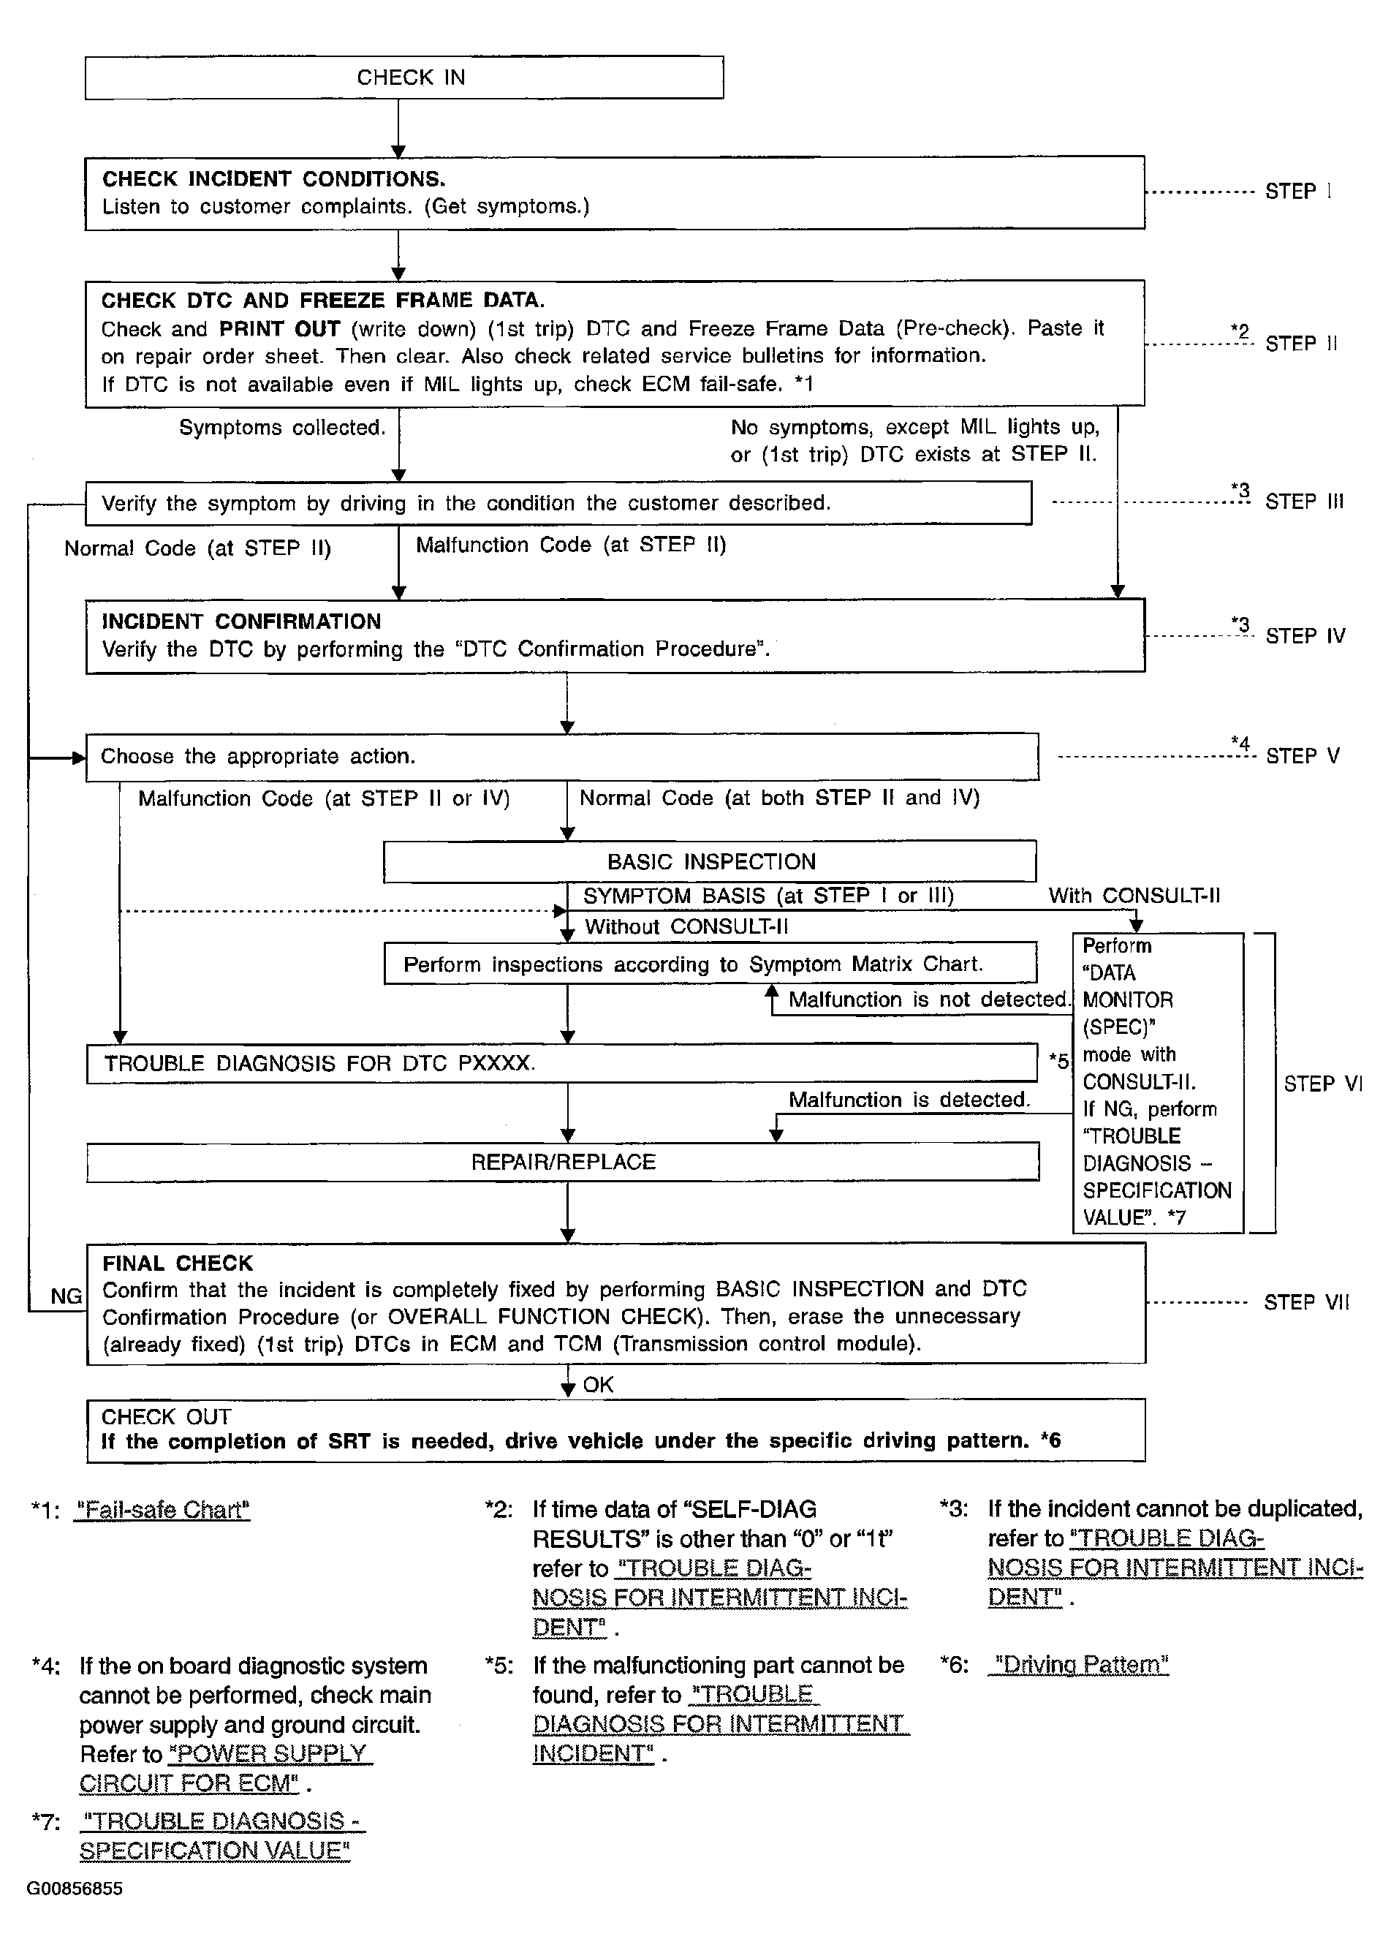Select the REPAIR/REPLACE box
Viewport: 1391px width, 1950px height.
563,1162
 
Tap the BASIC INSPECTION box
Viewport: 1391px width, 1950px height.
710,862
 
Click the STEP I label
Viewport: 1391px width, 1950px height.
1297,192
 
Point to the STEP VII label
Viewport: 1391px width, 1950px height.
1306,1303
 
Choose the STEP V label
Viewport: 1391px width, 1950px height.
1302,757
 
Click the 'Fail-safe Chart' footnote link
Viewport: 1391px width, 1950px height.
162,1510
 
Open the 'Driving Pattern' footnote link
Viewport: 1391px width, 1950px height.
1078,1664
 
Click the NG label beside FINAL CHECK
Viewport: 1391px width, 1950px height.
66,1297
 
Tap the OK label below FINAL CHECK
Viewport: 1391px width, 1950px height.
598,1385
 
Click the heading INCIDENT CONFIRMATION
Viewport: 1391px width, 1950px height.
240,622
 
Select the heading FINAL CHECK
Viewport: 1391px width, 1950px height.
178,1263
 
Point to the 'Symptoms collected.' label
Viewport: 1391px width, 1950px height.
282,428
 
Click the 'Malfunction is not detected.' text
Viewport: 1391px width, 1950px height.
928,999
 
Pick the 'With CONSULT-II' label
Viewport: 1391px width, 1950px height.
1134,896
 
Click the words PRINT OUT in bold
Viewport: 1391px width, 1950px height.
279,329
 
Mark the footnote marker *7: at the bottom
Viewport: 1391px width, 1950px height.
45,1821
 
